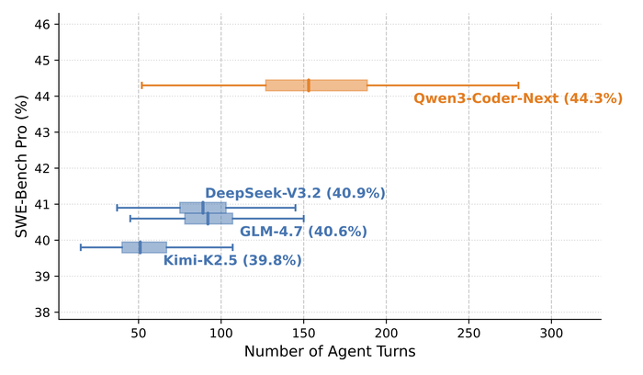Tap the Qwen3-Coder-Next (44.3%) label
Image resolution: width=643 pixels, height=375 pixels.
518,98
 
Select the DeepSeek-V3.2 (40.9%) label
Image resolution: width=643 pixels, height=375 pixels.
295,193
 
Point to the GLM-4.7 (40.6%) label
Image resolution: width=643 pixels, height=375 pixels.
303,232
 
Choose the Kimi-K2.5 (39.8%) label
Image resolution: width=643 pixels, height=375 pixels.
232,260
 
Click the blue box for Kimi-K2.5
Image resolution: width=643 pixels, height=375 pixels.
144,247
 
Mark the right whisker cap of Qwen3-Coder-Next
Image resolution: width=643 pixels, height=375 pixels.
519,85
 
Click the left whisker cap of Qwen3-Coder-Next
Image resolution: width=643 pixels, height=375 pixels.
141,85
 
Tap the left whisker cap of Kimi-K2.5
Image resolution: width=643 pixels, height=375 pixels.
81,247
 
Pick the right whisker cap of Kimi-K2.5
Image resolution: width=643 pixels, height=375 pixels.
233,247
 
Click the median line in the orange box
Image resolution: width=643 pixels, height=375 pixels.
309,85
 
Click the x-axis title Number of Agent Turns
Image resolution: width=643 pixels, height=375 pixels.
330,351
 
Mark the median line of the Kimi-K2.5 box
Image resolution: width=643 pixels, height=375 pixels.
140,247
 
